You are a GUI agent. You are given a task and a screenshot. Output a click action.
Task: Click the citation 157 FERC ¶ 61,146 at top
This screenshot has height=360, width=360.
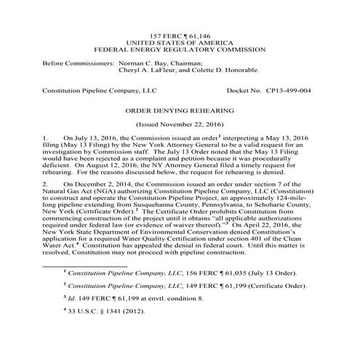[x=180, y=36]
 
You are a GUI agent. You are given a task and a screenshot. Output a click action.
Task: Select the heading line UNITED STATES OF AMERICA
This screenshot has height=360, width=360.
[x=180, y=44]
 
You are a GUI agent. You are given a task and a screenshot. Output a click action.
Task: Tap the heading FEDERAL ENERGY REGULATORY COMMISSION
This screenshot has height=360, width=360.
[x=180, y=52]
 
